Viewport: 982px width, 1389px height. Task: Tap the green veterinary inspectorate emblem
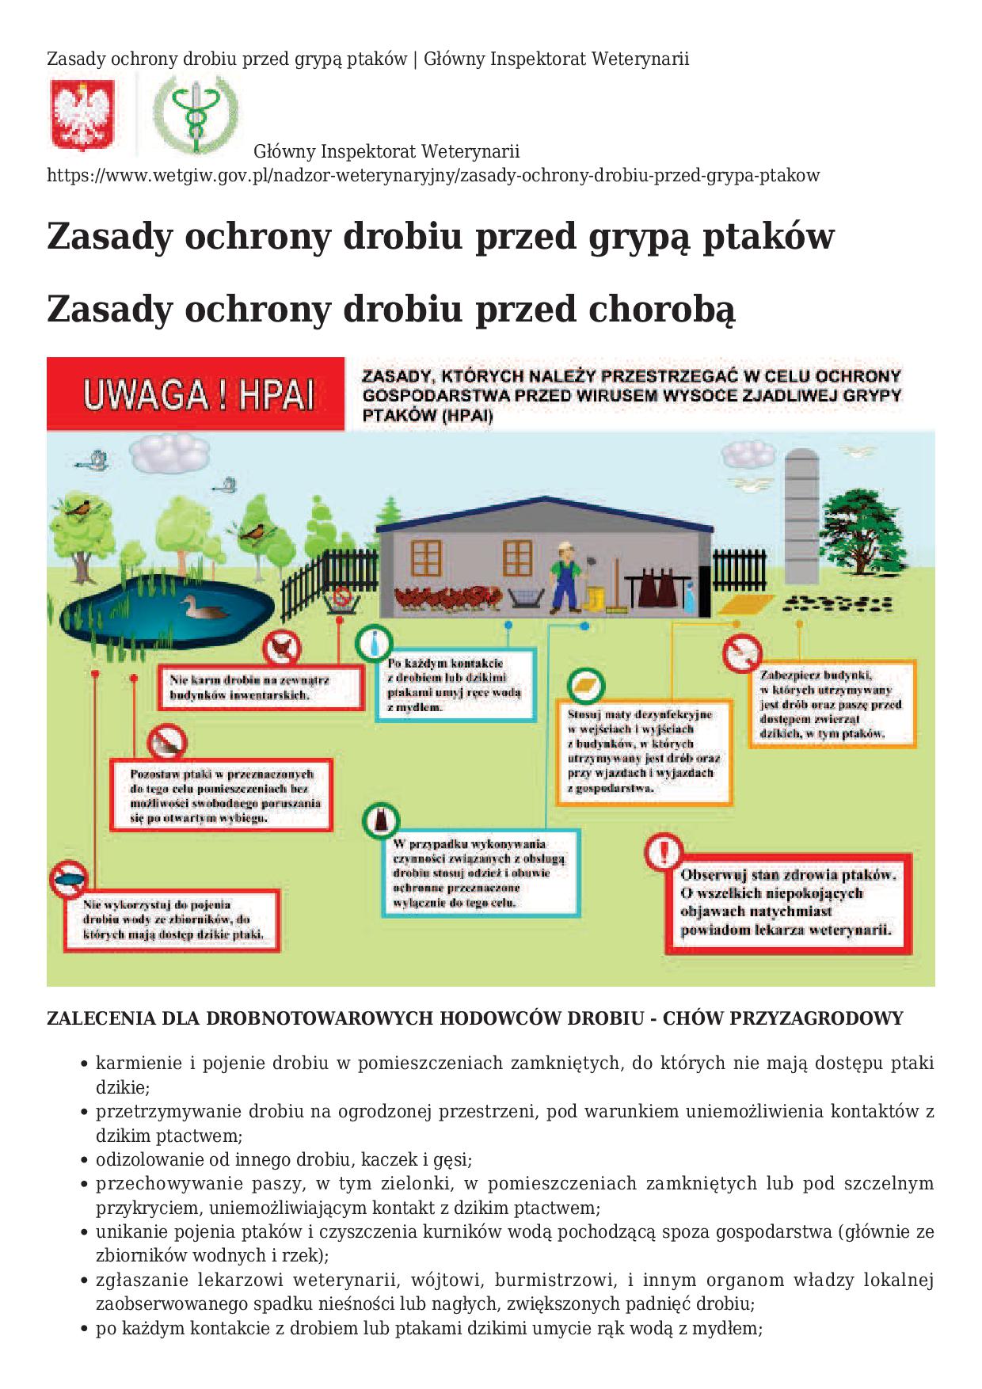coord(195,114)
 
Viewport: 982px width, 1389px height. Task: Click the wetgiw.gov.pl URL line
coord(433,175)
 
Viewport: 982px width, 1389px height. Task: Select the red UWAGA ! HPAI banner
coord(196,394)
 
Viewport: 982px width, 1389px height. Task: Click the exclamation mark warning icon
coord(664,853)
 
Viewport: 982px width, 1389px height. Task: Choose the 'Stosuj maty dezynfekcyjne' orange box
coord(642,752)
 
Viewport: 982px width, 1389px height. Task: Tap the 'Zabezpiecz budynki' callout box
coord(832,704)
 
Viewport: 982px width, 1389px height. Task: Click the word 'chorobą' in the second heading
coord(661,309)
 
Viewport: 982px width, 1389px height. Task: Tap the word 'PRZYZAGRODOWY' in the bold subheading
coord(823,1018)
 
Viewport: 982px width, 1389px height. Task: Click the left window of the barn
coord(426,558)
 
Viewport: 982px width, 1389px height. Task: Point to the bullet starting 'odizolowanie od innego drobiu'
coord(284,1160)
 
